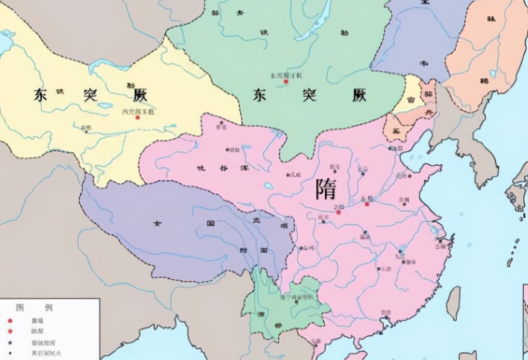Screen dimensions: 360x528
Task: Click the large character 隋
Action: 326,189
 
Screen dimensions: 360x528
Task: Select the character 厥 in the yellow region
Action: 139,95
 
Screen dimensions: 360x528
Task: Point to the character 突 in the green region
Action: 309,95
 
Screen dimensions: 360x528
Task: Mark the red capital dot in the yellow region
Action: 138,117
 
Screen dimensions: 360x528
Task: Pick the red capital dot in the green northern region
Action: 286,82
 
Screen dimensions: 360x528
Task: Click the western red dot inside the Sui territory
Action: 338,212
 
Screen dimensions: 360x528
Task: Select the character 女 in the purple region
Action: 157,223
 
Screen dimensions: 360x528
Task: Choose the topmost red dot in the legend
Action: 10,320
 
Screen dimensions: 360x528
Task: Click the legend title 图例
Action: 34,307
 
